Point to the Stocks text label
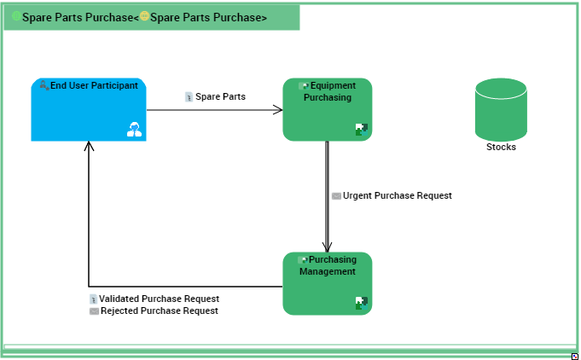tap(501, 147)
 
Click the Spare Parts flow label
tap(220, 96)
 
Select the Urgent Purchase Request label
tap(397, 195)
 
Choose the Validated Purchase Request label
tap(159, 299)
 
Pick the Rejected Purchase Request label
tap(159, 311)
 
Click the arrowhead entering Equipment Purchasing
tap(277, 109)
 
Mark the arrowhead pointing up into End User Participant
tap(89, 147)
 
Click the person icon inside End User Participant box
tap(134, 130)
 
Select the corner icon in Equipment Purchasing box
tap(362, 130)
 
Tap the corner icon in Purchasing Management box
tap(362, 303)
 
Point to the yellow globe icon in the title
tap(144, 17)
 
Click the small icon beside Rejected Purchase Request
tap(94, 311)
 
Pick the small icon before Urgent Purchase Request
tap(336, 196)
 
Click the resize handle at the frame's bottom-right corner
tap(575, 355)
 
